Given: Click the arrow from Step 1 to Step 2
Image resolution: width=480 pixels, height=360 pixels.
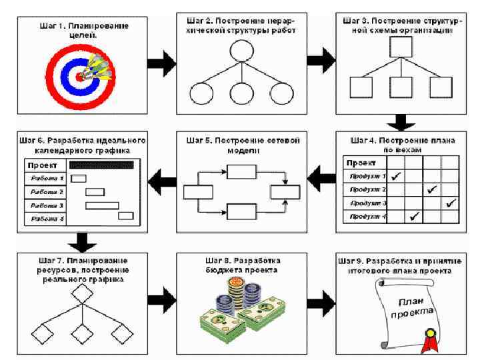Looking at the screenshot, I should tap(161, 64).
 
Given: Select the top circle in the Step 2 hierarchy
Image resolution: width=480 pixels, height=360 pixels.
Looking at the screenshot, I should tap(241, 51).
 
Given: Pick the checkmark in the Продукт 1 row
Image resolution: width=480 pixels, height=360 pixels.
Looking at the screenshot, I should tap(395, 176).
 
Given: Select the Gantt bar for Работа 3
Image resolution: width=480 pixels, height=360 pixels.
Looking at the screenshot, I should tap(102, 205).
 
